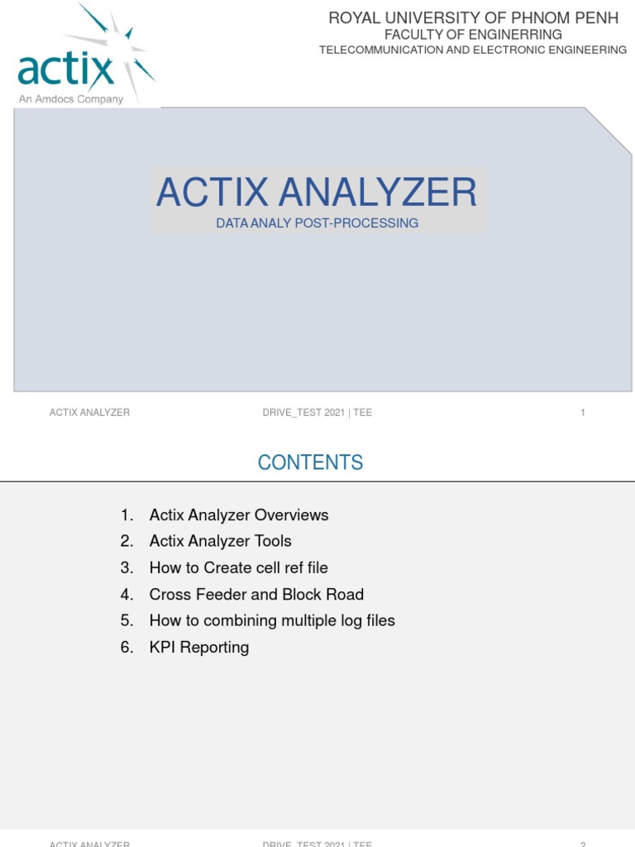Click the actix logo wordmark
[x=66, y=70]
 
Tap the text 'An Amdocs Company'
[x=71, y=99]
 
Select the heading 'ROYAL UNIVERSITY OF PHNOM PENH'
[x=473, y=18]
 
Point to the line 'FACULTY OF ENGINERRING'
[x=473, y=35]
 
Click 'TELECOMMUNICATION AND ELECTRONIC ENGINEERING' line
[x=473, y=50]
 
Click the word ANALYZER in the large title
[x=378, y=192]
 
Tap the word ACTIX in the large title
[x=212, y=192]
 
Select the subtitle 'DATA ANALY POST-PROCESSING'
[x=317, y=223]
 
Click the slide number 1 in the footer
[x=583, y=413]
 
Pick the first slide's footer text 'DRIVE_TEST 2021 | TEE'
[x=317, y=413]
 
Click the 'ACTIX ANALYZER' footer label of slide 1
[x=89, y=413]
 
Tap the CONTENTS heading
[x=310, y=462]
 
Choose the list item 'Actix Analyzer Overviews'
[x=239, y=515]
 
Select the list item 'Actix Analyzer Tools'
[x=220, y=541]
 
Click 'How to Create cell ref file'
[x=238, y=567]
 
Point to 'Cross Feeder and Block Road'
[x=256, y=594]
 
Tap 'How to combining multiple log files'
[x=272, y=620]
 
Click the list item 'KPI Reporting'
[x=198, y=647]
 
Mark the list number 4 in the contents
[x=127, y=594]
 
